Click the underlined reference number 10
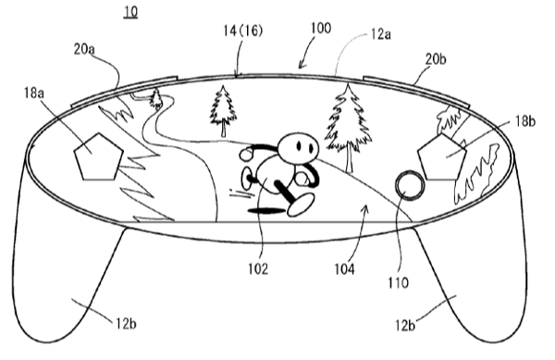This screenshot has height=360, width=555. point(130,11)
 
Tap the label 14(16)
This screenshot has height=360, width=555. point(242,31)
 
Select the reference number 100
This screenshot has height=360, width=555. point(321,28)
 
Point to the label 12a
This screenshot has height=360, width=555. point(381,34)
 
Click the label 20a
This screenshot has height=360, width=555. point(84,49)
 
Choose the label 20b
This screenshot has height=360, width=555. point(436,58)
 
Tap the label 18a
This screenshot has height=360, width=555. point(34,93)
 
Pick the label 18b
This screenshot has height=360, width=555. point(524,121)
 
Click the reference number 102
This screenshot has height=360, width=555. point(258,269)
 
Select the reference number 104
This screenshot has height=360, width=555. point(344,269)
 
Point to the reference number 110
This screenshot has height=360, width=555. point(398,282)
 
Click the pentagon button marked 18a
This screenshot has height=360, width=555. point(99,157)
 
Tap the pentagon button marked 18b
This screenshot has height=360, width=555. point(442,157)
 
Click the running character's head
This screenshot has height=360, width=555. point(298,146)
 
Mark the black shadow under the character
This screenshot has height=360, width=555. point(266,211)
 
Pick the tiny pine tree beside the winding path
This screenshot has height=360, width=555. point(155,98)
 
